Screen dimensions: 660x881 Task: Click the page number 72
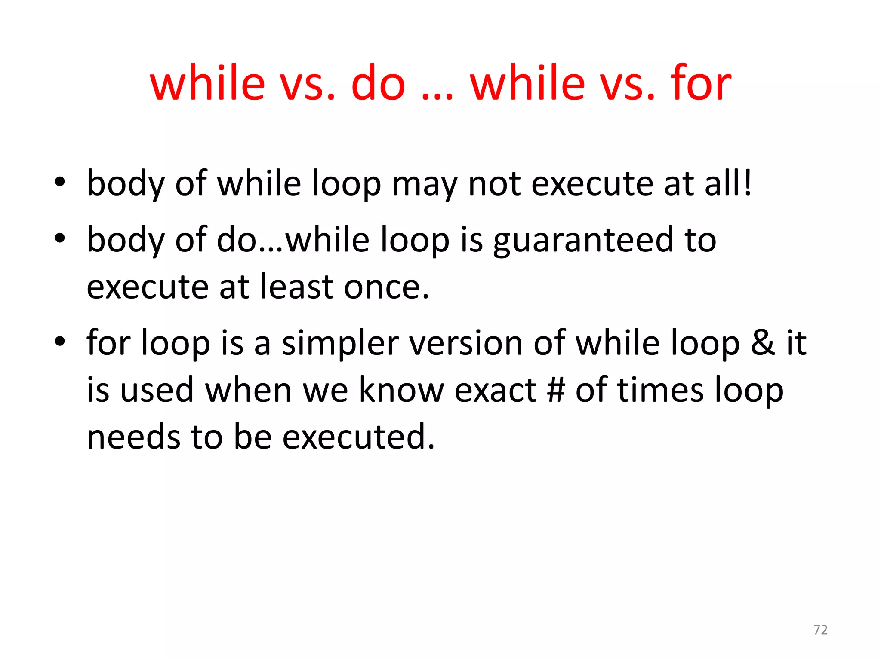(820, 630)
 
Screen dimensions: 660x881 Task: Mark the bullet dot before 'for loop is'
(60, 341)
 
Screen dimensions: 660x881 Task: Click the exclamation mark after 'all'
(748, 183)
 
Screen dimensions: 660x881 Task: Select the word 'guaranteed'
(583, 241)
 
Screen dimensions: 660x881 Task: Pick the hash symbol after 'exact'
(556, 390)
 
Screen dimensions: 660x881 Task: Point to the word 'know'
(401, 390)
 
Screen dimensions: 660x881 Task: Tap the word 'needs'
(133, 437)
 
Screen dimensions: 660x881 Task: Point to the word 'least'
(297, 287)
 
